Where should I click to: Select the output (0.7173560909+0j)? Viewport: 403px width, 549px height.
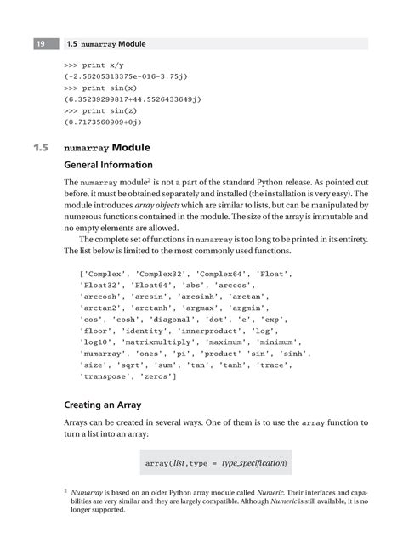113,122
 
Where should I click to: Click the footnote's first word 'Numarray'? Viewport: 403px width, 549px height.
90,493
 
